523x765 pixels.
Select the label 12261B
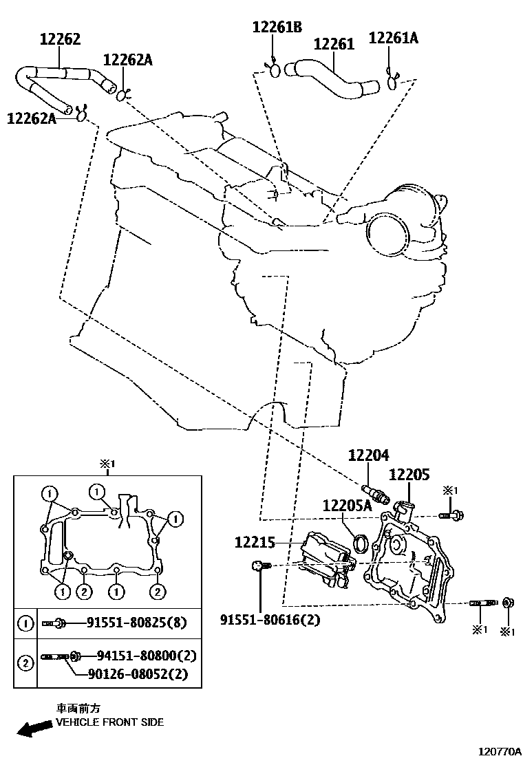277,28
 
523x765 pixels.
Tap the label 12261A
393,38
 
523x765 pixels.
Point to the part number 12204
368,455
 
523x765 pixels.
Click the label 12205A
347,506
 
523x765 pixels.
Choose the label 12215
255,543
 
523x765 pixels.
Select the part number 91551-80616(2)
270,620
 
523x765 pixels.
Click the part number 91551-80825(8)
136,623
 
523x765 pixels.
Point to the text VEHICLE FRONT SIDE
109,722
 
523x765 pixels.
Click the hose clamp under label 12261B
273,70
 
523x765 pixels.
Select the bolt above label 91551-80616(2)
259,565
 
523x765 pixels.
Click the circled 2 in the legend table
25,663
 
